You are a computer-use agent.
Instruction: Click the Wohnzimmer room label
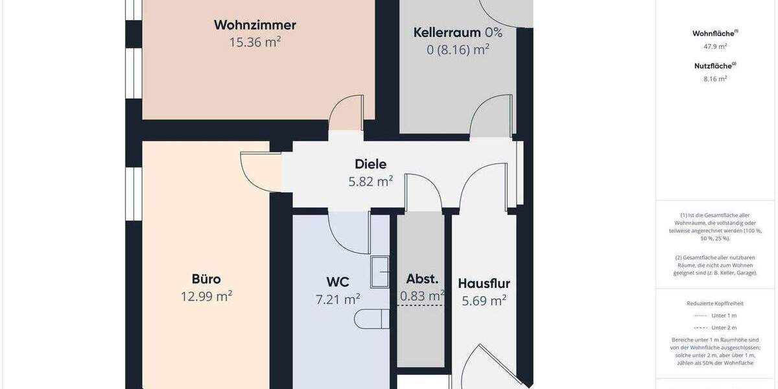[x=255, y=25]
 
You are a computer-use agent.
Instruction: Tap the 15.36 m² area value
[x=255, y=42]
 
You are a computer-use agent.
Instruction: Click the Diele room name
[x=371, y=165]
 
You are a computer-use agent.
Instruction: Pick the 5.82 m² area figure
[x=371, y=182]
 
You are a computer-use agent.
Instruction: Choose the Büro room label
[x=206, y=279]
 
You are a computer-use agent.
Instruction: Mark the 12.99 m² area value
[x=206, y=296]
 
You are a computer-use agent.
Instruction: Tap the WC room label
[x=338, y=282]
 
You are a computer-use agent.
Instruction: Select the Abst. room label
[x=422, y=279]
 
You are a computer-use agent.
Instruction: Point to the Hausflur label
[x=484, y=283]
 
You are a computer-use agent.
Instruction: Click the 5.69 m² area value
[x=484, y=300]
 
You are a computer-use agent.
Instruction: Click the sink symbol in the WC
[x=379, y=272]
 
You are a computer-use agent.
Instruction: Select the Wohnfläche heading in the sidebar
[x=714, y=33]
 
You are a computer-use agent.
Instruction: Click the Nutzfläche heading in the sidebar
[x=714, y=65]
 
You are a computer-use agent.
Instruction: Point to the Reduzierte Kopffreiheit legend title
[x=715, y=303]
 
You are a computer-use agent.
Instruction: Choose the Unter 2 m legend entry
[x=724, y=327]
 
